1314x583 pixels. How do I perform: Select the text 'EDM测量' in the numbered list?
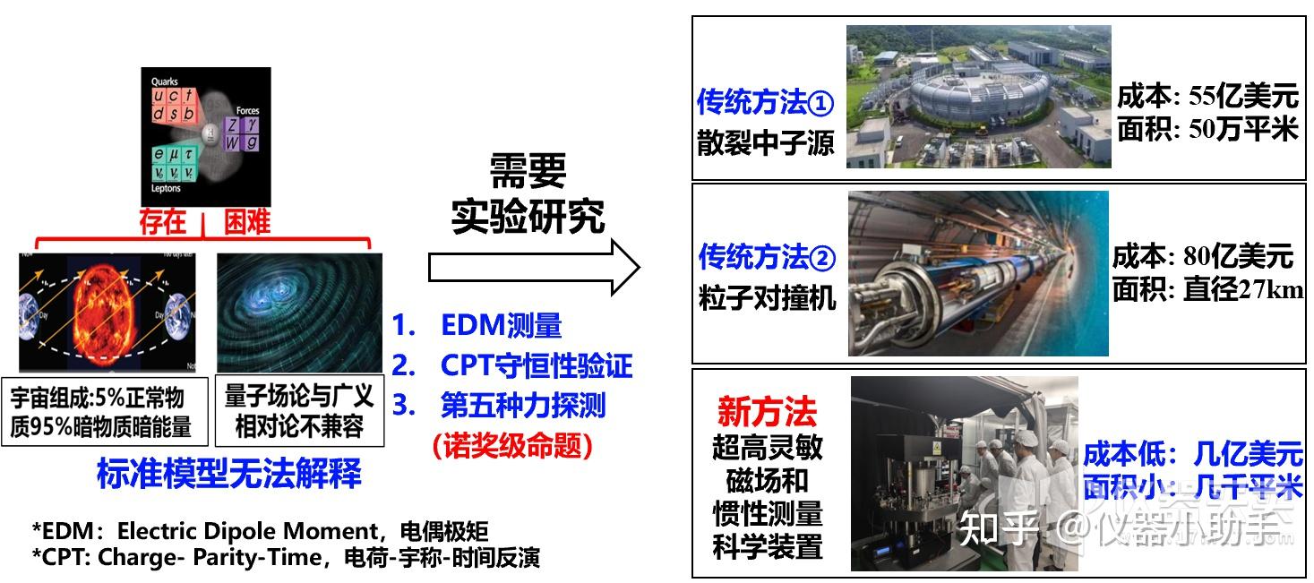(x=501, y=326)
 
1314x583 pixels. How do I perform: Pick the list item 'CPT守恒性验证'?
(x=536, y=365)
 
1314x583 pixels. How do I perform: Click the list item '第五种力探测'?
(x=522, y=405)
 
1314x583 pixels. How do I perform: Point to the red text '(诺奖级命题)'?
(x=511, y=444)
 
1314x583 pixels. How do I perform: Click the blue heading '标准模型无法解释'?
(x=229, y=474)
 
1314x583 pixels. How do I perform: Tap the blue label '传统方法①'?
(x=765, y=103)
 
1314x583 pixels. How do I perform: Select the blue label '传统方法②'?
(x=766, y=258)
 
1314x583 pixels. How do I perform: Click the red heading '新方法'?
(x=767, y=412)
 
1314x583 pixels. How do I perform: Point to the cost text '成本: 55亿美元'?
(x=1207, y=97)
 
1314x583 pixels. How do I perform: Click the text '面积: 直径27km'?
(x=1207, y=289)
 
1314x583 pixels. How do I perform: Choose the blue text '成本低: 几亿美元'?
(x=1192, y=454)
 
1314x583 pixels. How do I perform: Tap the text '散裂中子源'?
(x=765, y=143)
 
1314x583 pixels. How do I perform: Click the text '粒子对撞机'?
(x=767, y=297)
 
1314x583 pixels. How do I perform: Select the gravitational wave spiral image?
(x=299, y=312)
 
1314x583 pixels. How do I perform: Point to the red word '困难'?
(x=246, y=222)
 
